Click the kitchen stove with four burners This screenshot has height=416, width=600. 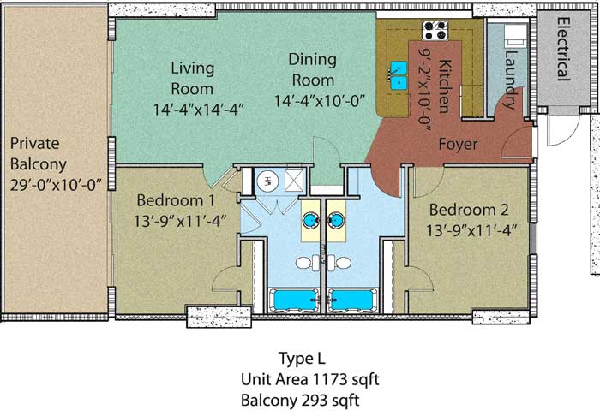[x=435, y=31]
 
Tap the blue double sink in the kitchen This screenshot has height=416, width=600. [x=399, y=75]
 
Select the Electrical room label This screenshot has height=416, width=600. [x=562, y=49]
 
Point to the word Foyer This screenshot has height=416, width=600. [x=458, y=145]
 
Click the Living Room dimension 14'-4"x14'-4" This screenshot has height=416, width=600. [x=199, y=110]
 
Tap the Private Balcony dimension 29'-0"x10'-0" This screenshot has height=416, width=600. [x=56, y=185]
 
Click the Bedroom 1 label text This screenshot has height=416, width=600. [x=176, y=200]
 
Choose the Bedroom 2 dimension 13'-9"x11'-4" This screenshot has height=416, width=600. [x=471, y=230]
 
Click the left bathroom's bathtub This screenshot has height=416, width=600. [x=294, y=300]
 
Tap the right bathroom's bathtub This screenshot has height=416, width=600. [x=352, y=300]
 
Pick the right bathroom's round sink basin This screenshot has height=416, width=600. [x=336, y=220]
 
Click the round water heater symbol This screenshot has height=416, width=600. [x=267, y=181]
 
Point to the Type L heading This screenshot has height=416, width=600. [x=302, y=359]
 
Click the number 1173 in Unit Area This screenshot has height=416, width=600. [x=330, y=380]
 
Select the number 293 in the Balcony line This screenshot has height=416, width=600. [x=315, y=401]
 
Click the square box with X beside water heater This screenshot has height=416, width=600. [x=294, y=180]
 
